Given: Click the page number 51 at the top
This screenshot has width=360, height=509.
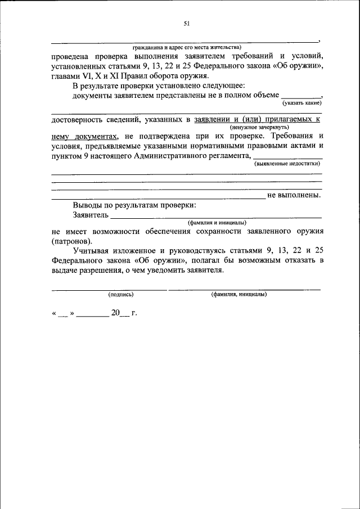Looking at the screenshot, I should (x=187, y=23).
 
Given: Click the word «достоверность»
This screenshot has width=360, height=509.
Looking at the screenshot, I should (x=78, y=120).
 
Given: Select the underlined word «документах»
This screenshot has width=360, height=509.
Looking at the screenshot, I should (x=96, y=136).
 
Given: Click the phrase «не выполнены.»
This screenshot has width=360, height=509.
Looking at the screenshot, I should (x=294, y=195).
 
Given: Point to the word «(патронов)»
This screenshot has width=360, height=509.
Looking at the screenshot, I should (x=72, y=240).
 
